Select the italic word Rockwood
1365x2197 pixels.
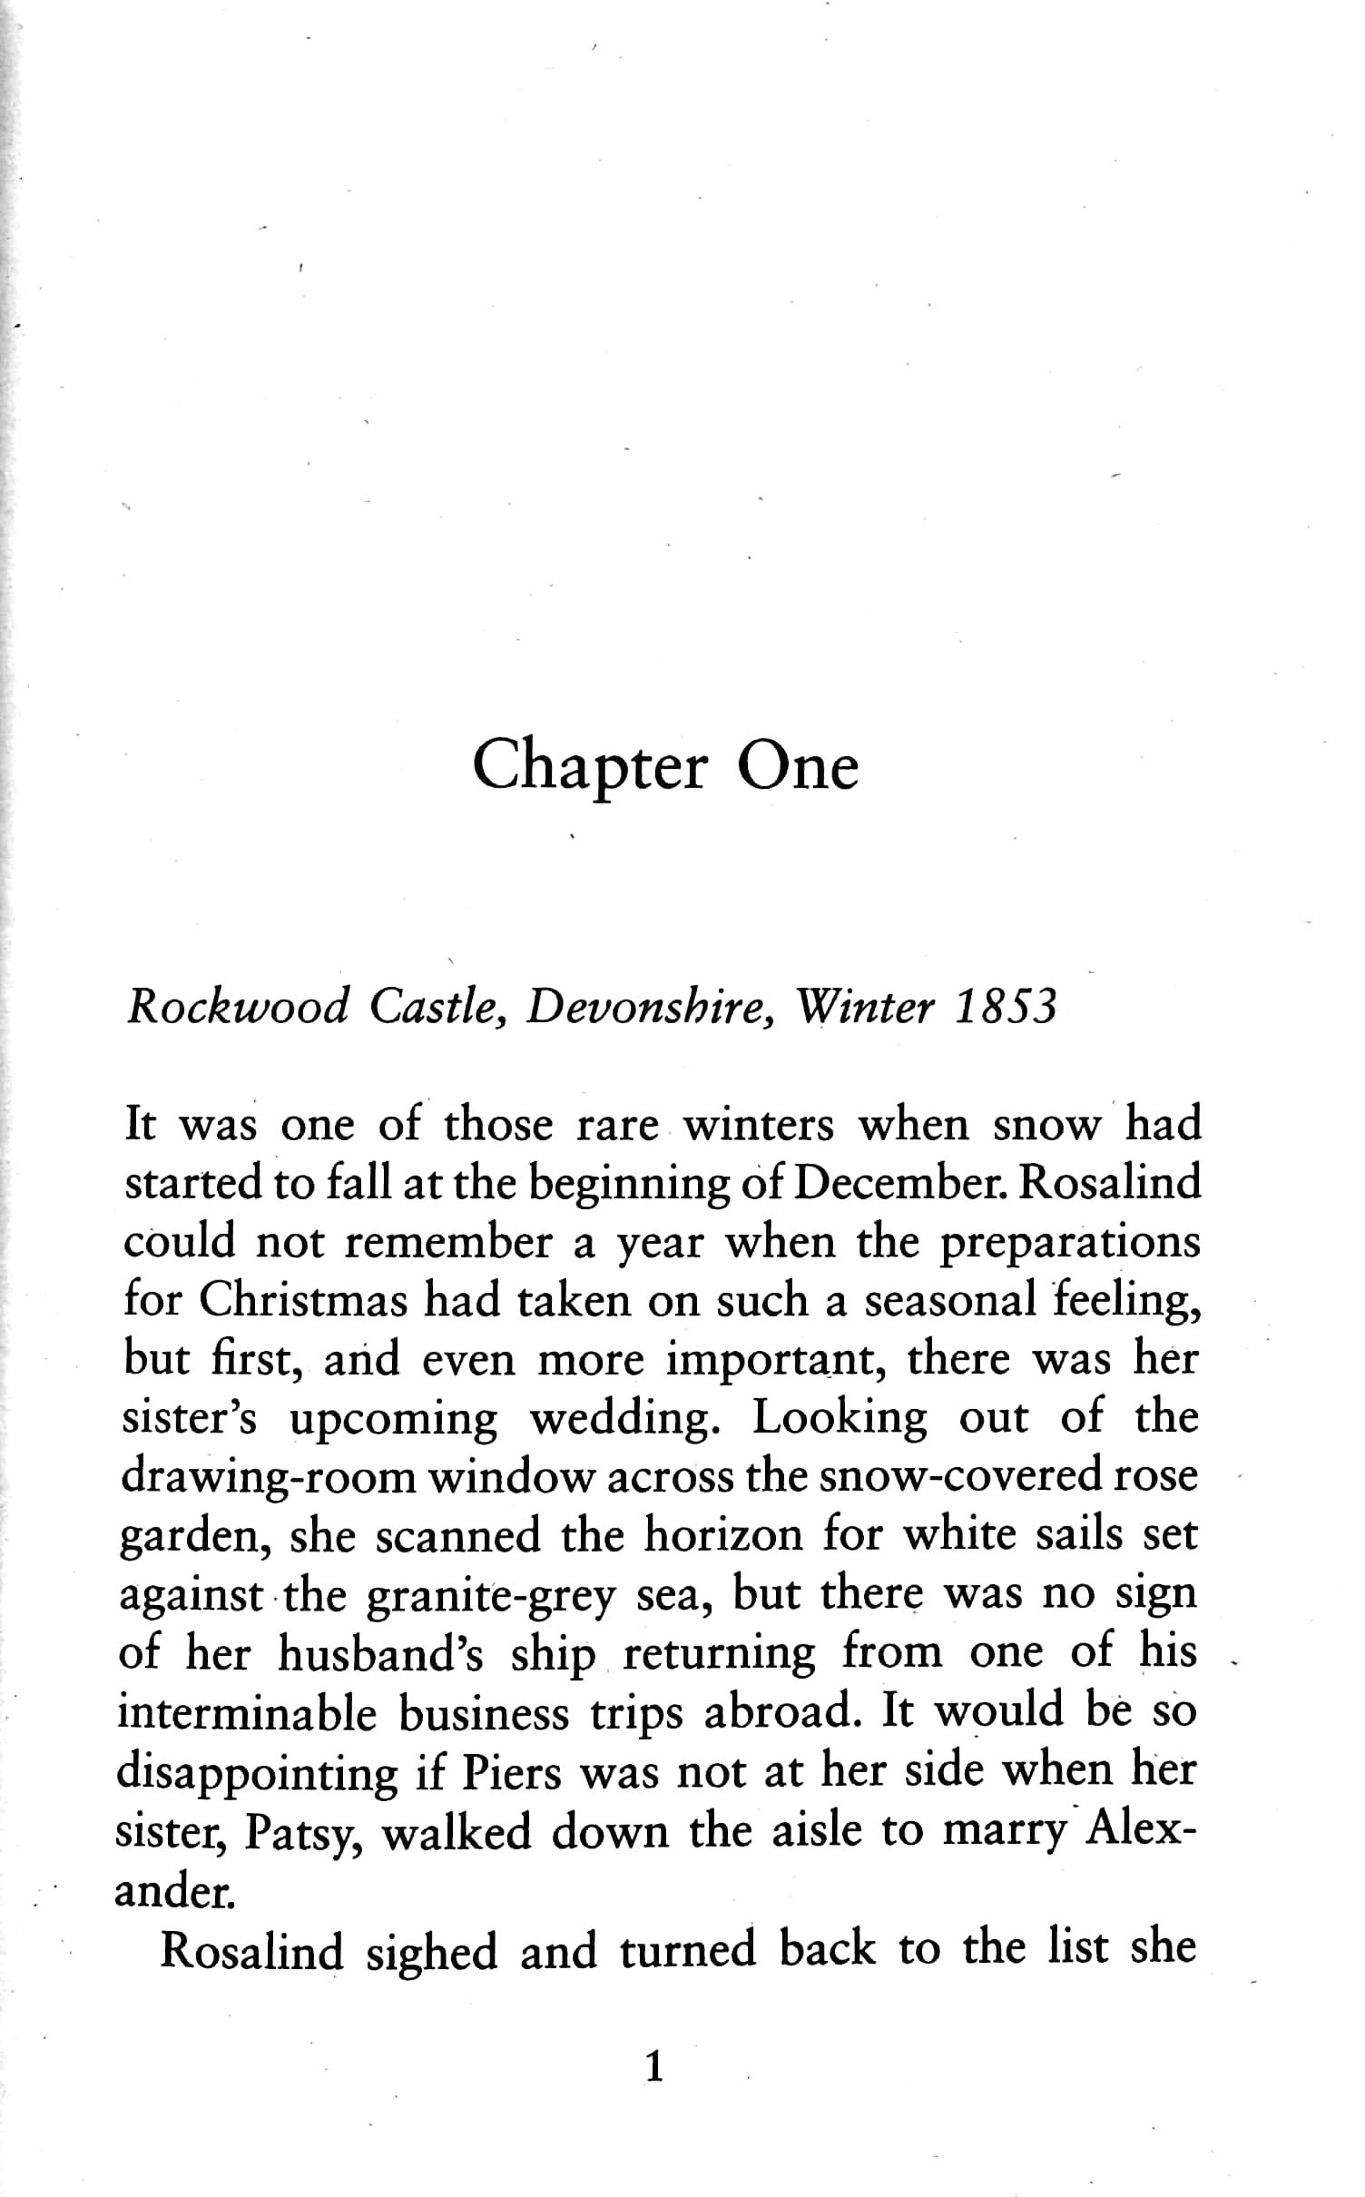click(x=238, y=1007)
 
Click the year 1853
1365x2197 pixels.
click(x=1007, y=1007)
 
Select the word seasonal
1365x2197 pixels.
click(x=949, y=1301)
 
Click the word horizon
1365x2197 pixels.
click(x=723, y=1536)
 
